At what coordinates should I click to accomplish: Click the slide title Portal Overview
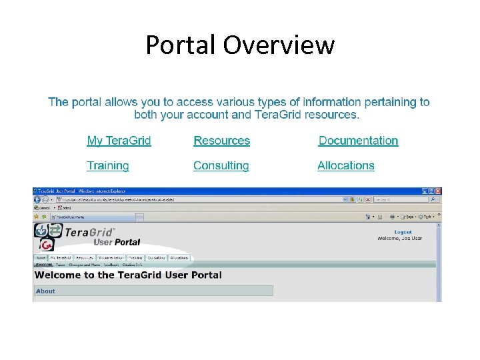pyautogui.click(x=240, y=45)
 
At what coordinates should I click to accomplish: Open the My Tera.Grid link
pyautogui.click(x=119, y=141)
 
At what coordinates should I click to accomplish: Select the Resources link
pyautogui.click(x=221, y=141)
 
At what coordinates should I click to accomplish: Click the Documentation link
pyautogui.click(x=358, y=141)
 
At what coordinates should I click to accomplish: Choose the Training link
pyautogui.click(x=107, y=165)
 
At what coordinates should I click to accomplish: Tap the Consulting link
pyautogui.click(x=221, y=165)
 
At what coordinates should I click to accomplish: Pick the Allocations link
pyautogui.click(x=345, y=165)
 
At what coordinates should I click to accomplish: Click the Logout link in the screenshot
pyautogui.click(x=403, y=232)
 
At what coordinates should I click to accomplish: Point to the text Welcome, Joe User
pyautogui.click(x=399, y=239)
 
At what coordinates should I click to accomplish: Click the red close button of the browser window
pyautogui.click(x=437, y=191)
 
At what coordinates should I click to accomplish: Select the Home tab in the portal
pyautogui.click(x=41, y=257)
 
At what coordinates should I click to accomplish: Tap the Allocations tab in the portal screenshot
pyautogui.click(x=179, y=257)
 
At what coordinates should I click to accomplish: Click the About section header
pyautogui.click(x=45, y=291)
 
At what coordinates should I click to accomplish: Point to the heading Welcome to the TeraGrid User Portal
pyautogui.click(x=128, y=275)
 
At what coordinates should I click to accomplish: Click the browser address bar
pyautogui.click(x=200, y=199)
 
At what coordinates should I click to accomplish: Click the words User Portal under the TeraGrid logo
pyautogui.click(x=117, y=242)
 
